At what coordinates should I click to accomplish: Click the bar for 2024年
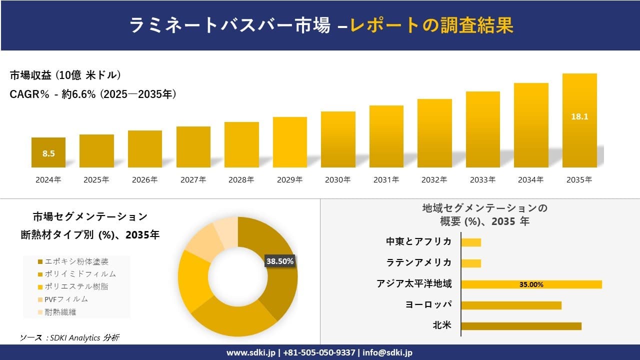click(x=48, y=152)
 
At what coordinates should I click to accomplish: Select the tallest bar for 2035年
click(x=579, y=120)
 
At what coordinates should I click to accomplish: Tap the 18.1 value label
click(x=579, y=116)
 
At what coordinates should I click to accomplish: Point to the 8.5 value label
click(x=48, y=153)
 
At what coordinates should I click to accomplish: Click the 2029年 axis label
click(x=289, y=180)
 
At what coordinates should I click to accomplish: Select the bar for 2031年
click(x=386, y=136)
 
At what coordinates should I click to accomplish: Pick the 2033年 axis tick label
click(x=482, y=180)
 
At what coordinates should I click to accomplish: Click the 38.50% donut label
click(x=280, y=261)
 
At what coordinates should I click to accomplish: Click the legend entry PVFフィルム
click(x=66, y=299)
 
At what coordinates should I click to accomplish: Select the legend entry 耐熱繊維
click(x=60, y=312)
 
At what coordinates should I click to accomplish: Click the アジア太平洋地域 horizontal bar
click(x=531, y=284)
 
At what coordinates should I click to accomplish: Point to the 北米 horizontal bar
click(x=521, y=326)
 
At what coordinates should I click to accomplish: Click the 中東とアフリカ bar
click(x=471, y=242)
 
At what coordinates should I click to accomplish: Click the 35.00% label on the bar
click(x=531, y=284)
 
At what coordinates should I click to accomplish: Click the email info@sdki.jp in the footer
click(x=388, y=352)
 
